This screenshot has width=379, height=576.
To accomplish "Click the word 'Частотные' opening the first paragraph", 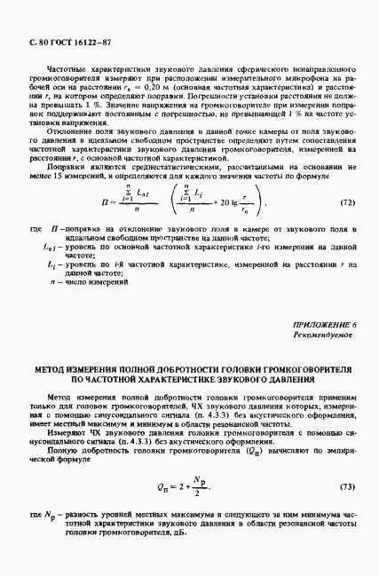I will [x=67, y=67].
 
